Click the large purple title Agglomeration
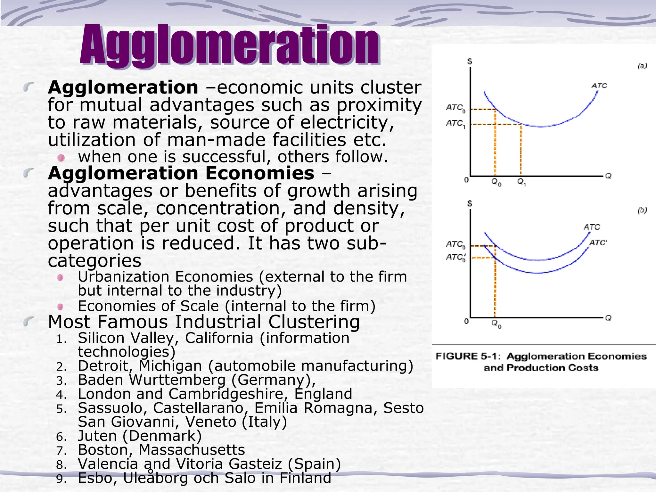click(230, 46)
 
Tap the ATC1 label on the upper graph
click(455, 124)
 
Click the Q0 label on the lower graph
click(496, 324)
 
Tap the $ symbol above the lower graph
click(470, 203)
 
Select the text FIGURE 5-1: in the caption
click(468, 356)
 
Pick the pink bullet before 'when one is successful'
click(61, 158)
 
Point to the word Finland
click(305, 478)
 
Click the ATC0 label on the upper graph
click(455, 108)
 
